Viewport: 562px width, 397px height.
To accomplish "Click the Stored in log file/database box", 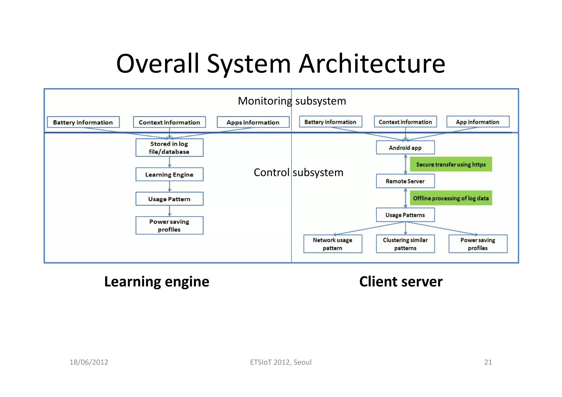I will point(169,148).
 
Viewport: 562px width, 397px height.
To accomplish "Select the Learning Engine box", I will point(169,174).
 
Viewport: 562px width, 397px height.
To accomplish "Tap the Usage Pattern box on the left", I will point(169,199).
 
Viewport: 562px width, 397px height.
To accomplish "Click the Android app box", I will point(405,148).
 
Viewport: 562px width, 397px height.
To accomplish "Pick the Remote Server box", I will point(405,181).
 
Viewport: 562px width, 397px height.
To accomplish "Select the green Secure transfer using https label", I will point(451,164).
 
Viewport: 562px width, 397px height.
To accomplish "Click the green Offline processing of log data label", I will point(451,198).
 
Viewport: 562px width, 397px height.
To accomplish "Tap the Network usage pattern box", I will point(332,244).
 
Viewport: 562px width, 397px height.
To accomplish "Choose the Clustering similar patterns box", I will point(405,244).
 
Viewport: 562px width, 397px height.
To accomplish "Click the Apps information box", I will point(253,122).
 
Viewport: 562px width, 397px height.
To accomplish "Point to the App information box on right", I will point(477,122).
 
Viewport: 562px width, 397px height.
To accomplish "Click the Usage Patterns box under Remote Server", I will point(405,215).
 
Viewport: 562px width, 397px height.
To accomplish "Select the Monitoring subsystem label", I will point(292,101).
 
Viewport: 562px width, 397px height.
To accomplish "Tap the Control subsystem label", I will point(298,173).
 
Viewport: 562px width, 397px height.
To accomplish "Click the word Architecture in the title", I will point(372,64).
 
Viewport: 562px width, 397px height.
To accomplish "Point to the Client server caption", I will point(401,281).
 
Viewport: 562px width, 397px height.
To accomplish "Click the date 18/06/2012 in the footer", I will point(89,362).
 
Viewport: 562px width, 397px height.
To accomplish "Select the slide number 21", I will point(488,362).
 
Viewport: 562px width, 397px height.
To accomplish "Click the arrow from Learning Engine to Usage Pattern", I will point(169,187).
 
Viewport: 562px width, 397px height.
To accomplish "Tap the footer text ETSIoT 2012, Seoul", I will point(280,362).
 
